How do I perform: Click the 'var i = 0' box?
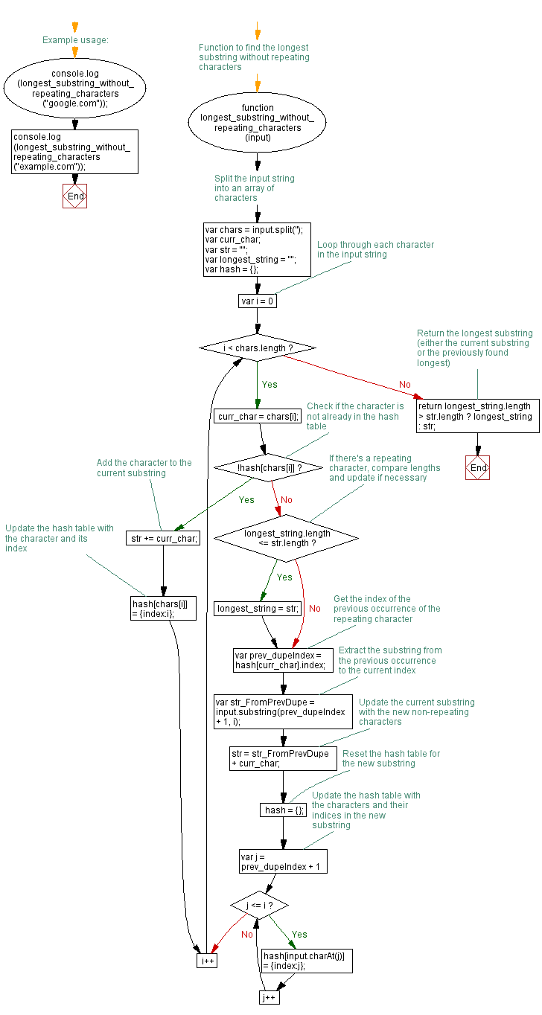(x=258, y=301)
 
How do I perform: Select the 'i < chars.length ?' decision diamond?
(x=258, y=348)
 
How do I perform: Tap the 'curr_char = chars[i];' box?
(x=258, y=416)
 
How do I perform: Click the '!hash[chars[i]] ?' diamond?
(x=269, y=467)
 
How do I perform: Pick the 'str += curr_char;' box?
(x=162, y=538)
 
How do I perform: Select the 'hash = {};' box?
(x=283, y=810)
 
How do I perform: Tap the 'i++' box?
(x=206, y=961)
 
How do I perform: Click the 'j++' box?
(x=269, y=997)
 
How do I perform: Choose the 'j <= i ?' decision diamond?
(x=258, y=906)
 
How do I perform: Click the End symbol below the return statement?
(x=477, y=467)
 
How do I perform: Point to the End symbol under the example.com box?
(x=74, y=196)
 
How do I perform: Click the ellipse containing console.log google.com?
(x=74, y=89)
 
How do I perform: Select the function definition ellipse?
(x=258, y=123)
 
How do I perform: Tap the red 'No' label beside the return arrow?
(x=405, y=385)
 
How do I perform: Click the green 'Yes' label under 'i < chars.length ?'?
(x=270, y=385)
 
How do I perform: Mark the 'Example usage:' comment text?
(x=75, y=40)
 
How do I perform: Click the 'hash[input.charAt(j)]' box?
(x=306, y=961)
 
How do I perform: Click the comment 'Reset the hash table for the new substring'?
(x=391, y=758)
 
